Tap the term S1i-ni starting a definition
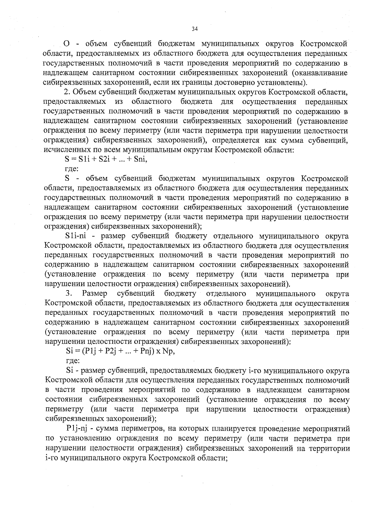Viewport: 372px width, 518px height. click(77, 236)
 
